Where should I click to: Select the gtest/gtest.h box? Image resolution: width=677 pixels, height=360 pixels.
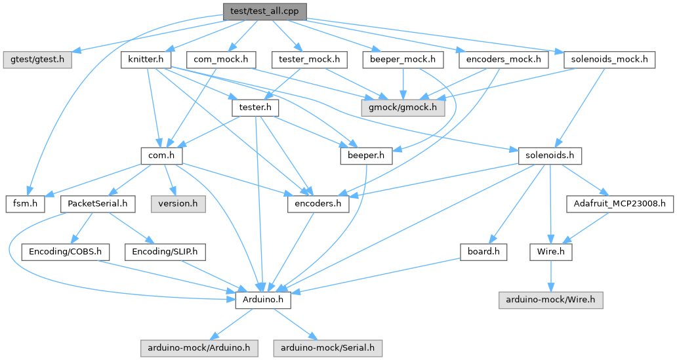tap(38, 60)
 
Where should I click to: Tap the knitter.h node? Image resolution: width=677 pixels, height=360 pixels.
tap(146, 60)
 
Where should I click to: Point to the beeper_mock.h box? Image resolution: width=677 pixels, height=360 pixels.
tap(402, 60)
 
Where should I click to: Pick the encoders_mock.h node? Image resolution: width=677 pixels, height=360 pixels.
tap(504, 60)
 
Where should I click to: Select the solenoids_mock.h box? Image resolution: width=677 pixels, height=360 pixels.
tap(609, 60)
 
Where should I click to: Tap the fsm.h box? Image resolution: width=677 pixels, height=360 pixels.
tap(25, 203)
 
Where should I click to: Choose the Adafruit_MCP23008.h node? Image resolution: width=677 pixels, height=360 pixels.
tap(620, 203)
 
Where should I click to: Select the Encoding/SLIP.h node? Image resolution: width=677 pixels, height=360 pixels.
tap(165, 251)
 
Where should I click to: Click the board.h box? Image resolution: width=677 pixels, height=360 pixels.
tap(483, 251)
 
